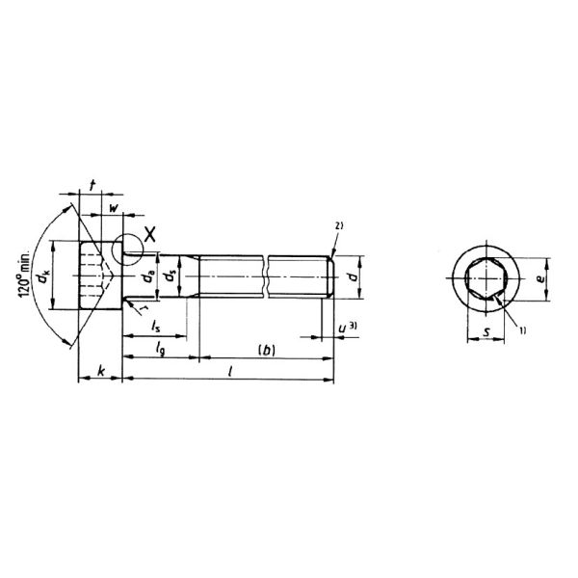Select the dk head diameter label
pos(43,279)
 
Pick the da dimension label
pos(148,280)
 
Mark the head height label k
pos(99,371)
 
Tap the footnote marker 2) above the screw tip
pos(338,226)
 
